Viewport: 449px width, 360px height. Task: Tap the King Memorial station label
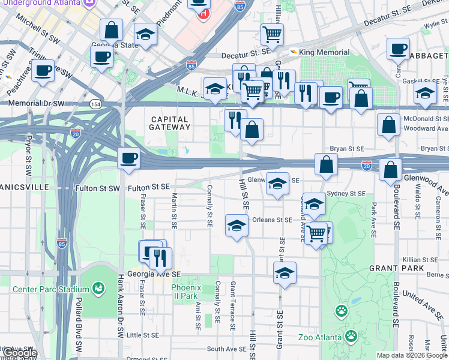[x=324, y=53]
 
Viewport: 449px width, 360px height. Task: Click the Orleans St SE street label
[x=272, y=220]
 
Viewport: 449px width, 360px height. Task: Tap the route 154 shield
[x=95, y=104]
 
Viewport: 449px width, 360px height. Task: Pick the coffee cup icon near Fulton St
[x=128, y=159]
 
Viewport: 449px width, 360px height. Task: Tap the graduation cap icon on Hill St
[x=237, y=226]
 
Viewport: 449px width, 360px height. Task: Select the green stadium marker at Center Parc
[x=98, y=289]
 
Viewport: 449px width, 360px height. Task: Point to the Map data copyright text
[x=411, y=355]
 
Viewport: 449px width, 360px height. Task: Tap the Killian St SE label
[x=420, y=260]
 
